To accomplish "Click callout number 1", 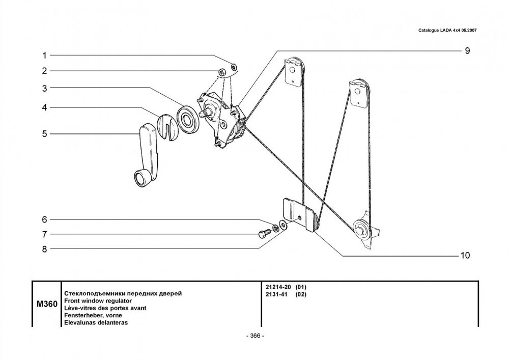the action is (44, 56).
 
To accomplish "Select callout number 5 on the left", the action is (44, 134).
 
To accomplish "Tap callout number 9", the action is (467, 50).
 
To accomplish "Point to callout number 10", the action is (465, 256).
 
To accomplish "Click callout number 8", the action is (44, 249).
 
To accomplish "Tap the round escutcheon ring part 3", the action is (187, 119).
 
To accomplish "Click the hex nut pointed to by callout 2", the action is (222, 72).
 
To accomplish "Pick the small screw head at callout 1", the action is (234, 67).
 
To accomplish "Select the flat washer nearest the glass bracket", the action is (282, 225).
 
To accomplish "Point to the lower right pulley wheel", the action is (361, 228).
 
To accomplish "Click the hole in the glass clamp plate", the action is (299, 218).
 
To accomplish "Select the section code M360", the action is (47, 304).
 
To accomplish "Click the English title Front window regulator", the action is (98, 301).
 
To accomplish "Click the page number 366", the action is (256, 336).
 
